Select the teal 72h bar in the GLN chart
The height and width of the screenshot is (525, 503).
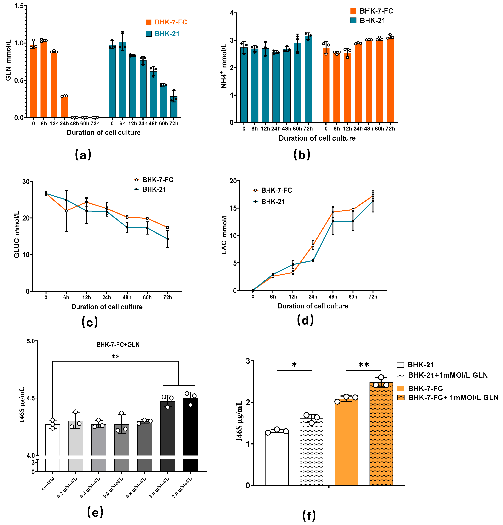point(174,107)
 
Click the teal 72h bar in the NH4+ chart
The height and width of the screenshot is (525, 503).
point(308,80)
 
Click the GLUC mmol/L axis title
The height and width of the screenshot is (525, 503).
point(17,234)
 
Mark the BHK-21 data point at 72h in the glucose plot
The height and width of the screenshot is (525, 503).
point(168,239)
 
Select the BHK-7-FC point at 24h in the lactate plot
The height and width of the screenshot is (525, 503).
point(313,245)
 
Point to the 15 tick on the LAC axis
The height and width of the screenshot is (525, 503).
point(233,208)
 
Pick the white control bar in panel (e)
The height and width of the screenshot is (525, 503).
point(52,439)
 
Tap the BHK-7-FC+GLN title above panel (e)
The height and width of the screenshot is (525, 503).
point(118,345)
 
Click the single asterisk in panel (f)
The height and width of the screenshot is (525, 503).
point(294,365)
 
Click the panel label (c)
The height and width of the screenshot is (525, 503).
point(90,321)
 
